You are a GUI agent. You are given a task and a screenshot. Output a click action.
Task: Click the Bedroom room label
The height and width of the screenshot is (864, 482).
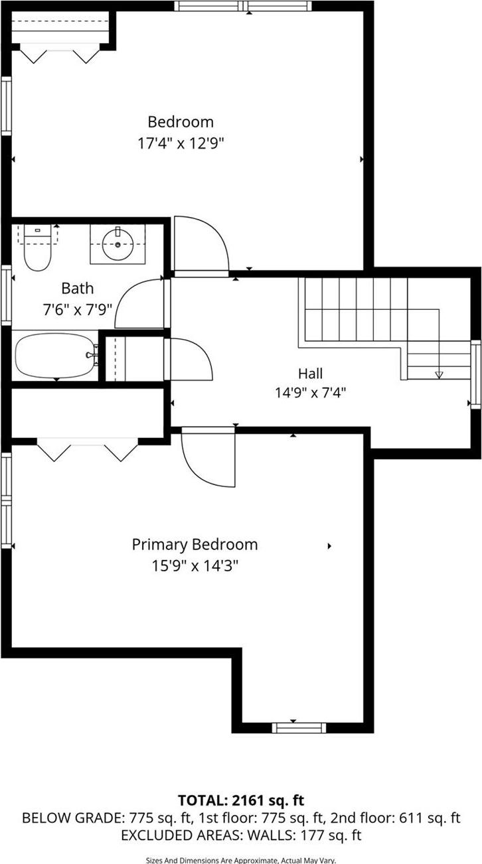(181, 122)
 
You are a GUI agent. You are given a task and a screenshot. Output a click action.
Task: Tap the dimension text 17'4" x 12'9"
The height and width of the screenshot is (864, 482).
(181, 143)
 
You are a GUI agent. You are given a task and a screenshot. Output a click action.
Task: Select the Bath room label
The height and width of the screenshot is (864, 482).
(78, 289)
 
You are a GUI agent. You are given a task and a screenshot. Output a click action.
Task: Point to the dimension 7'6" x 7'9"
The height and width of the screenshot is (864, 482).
(78, 309)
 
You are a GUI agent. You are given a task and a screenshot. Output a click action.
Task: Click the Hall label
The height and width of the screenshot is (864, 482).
(310, 374)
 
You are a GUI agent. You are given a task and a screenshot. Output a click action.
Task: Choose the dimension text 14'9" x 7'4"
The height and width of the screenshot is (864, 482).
(310, 392)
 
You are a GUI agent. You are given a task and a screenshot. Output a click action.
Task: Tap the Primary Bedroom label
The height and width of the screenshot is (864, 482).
(195, 545)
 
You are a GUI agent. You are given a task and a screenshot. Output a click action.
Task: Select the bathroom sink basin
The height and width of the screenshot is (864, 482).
(118, 244)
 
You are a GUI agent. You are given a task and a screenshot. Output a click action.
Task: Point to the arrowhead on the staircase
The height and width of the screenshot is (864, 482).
(438, 375)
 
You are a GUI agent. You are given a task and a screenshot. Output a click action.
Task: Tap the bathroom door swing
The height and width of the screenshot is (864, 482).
(141, 305)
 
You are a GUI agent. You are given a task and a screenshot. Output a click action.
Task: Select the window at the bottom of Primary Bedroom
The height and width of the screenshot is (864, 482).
(299, 727)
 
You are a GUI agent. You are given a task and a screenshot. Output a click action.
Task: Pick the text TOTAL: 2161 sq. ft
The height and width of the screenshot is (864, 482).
(241, 800)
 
